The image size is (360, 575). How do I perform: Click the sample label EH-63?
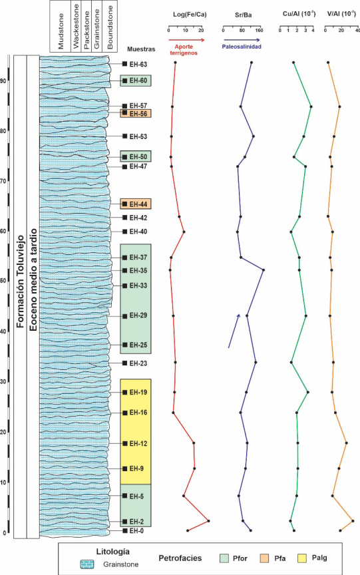pyautogui.click(x=138, y=64)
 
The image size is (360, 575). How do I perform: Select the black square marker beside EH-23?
pyautogui.click(x=124, y=363)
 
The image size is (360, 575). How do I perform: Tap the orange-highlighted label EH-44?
pyautogui.click(x=138, y=204)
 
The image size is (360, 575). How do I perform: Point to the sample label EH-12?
pyautogui.click(x=138, y=444)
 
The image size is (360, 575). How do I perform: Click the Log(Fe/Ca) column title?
pyautogui.click(x=190, y=15)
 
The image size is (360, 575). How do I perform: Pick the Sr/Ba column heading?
pyautogui.click(x=243, y=15)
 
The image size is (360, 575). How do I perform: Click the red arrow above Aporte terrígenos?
pyautogui.click(x=186, y=40)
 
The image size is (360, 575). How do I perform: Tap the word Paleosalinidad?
pyautogui.click(x=242, y=47)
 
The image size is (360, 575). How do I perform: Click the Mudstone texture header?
pyautogui.click(x=61, y=31)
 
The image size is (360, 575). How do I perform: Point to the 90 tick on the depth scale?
pyautogui.click(x=5, y=81)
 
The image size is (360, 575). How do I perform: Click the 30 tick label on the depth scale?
pyautogui.click(x=4, y=382)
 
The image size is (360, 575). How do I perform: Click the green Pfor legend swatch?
pyautogui.click(x=224, y=558)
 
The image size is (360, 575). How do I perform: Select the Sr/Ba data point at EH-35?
pyautogui.click(x=264, y=270)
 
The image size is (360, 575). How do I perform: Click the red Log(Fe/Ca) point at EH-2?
pyautogui.click(x=208, y=520)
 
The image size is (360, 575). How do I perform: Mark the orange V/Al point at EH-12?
pyautogui.click(x=346, y=443)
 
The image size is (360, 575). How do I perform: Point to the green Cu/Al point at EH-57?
pyautogui.click(x=311, y=106)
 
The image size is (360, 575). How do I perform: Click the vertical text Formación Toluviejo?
pyautogui.click(x=20, y=282)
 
